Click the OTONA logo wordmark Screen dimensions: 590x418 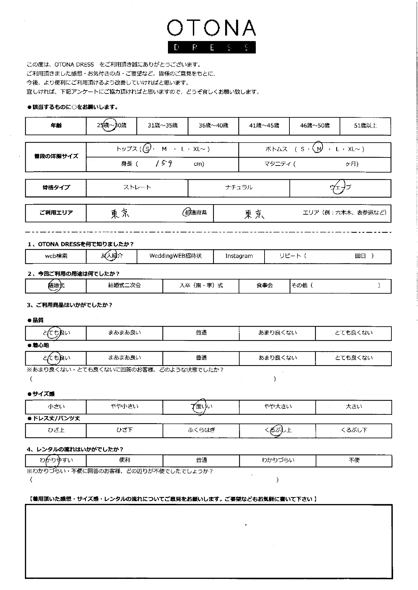click(211, 28)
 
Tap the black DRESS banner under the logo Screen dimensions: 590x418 click(211, 47)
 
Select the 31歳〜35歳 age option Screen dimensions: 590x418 click(163, 125)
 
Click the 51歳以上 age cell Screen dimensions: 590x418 click(365, 125)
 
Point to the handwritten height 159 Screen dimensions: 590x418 click(164, 164)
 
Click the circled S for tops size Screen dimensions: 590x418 click(147, 149)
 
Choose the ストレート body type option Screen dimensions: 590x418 click(137, 187)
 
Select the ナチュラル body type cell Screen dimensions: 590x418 click(239, 187)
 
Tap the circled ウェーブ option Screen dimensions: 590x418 click(340, 187)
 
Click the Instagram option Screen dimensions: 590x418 click(239, 256)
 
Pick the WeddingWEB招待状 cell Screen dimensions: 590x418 click(175, 256)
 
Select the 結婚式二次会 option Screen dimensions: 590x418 click(125, 286)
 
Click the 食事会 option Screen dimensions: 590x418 click(265, 286)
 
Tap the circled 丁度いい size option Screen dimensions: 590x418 click(201, 407)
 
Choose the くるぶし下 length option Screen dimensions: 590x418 click(354, 430)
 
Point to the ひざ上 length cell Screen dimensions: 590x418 click(56, 430)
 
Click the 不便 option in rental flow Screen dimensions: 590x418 click(354, 460)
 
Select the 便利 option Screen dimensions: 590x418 click(125, 460)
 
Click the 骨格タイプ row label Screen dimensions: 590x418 click(56, 188)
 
